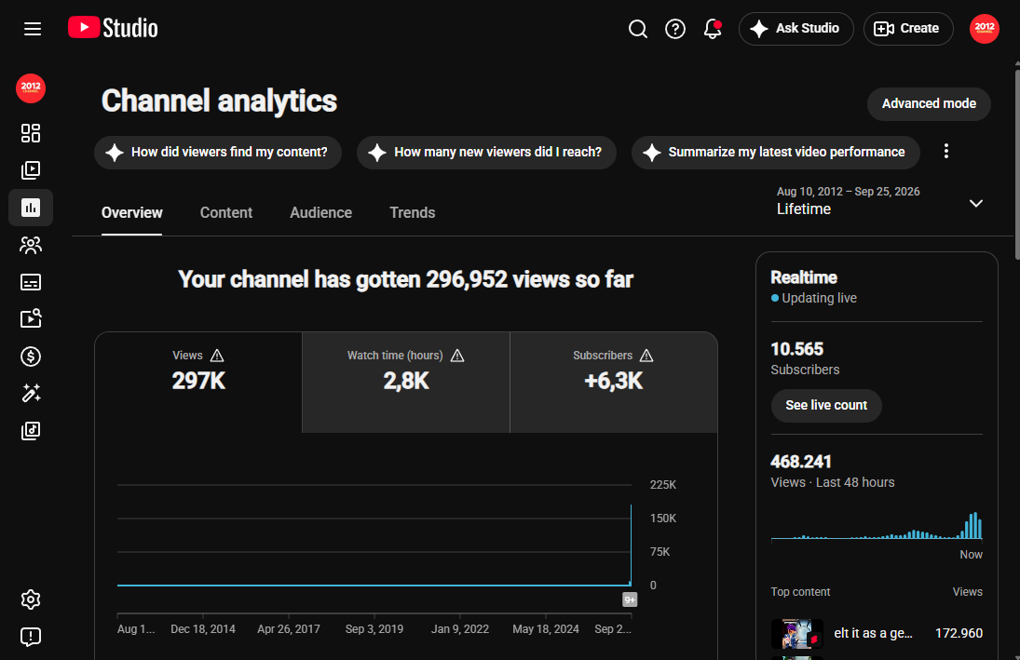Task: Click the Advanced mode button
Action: coord(929,104)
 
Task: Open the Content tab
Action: coord(225,212)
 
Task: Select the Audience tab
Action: coord(320,212)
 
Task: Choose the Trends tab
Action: coord(413,212)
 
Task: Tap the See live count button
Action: coord(826,406)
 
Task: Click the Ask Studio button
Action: coord(796,29)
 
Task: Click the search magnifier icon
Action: coord(637,29)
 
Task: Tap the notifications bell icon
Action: coord(713,29)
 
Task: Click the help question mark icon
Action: coord(675,29)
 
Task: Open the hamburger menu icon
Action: coord(33,29)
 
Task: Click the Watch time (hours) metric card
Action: coord(406,383)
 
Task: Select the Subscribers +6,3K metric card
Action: coord(614,383)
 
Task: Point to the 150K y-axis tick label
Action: coord(663,519)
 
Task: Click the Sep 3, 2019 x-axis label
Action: coord(374,628)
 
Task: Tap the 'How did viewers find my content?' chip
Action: coord(218,152)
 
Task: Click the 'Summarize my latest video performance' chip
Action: coord(775,152)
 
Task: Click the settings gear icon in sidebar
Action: coord(31,599)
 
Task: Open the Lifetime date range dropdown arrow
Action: coord(976,204)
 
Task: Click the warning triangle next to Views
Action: coord(217,356)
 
